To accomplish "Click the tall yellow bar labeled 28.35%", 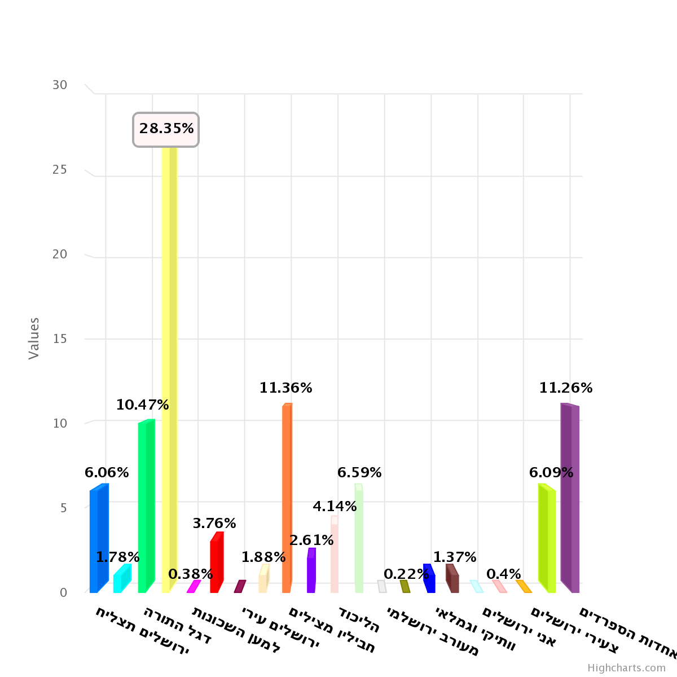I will pyautogui.click(x=169, y=367).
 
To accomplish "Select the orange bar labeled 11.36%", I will pyautogui.click(x=287, y=496).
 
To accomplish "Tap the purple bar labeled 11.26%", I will pyautogui.click(x=570, y=496).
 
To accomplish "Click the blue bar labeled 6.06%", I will pyautogui.click(x=98, y=539).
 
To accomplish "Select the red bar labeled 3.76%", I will pyautogui.click(x=217, y=561).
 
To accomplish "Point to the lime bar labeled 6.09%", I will pyautogui.click(x=547, y=539).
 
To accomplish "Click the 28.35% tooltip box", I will pyautogui.click(x=166, y=129).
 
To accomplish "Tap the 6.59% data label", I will pyautogui.click(x=359, y=473).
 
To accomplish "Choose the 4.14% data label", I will pyautogui.click(x=335, y=507).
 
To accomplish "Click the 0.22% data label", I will pyautogui.click(x=406, y=574).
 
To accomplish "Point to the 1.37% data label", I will pyautogui.click(x=455, y=557).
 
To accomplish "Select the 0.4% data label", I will pyautogui.click(x=503, y=574).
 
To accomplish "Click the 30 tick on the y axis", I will pyautogui.click(x=60, y=85).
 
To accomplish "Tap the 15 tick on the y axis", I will pyautogui.click(x=60, y=339).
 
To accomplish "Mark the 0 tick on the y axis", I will pyautogui.click(x=63, y=592).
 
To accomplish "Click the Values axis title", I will pyautogui.click(x=34, y=338).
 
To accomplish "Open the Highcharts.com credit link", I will pyautogui.click(x=626, y=668).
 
